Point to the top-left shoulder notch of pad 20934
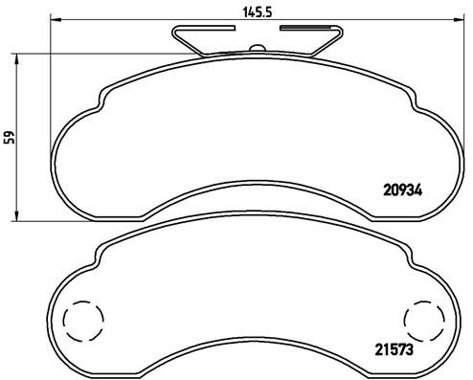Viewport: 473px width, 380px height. pos(102,99)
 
